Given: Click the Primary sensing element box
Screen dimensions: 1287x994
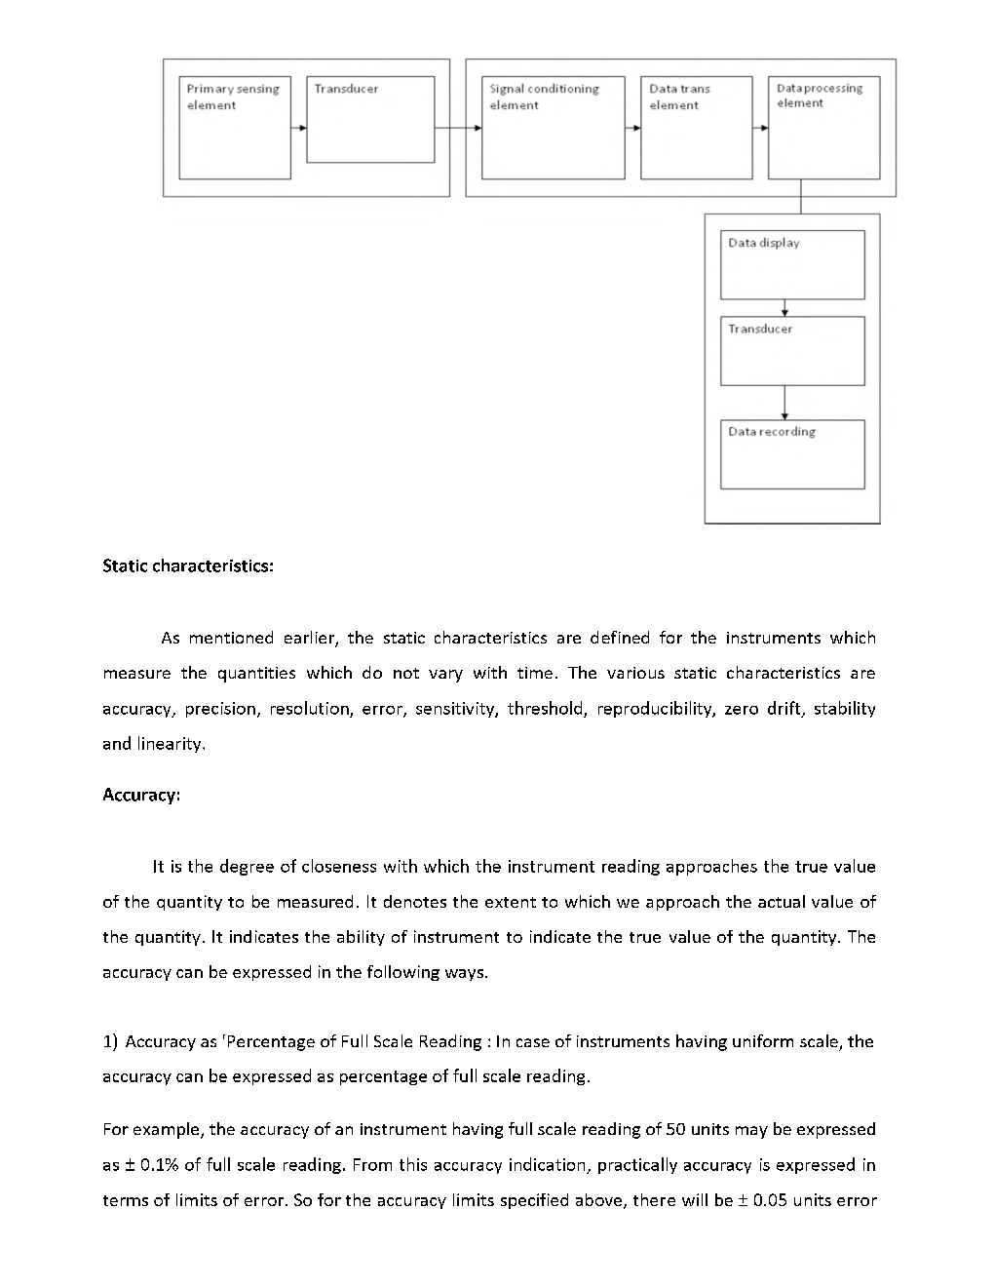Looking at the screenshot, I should tap(235, 128).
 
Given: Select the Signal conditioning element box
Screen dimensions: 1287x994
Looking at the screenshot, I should tap(554, 128).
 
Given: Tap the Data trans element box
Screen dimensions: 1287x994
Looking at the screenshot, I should tap(696, 128).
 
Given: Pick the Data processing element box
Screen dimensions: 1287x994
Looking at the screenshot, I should tap(823, 128).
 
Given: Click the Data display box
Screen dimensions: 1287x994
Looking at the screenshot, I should tap(792, 264).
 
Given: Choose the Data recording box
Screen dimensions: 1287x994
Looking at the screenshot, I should tap(792, 454).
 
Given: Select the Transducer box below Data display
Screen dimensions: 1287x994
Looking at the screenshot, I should tap(792, 351).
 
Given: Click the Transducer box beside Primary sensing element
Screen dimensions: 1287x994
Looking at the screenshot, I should tap(370, 120).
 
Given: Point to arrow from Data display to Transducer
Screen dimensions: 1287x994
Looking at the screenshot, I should tap(784, 308).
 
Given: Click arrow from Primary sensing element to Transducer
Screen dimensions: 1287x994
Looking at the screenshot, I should tap(299, 128).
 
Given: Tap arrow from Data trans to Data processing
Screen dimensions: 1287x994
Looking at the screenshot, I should tap(760, 128).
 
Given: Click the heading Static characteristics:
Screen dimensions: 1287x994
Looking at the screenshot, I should tap(188, 566).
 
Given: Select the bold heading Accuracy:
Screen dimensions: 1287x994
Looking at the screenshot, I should tap(141, 795).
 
